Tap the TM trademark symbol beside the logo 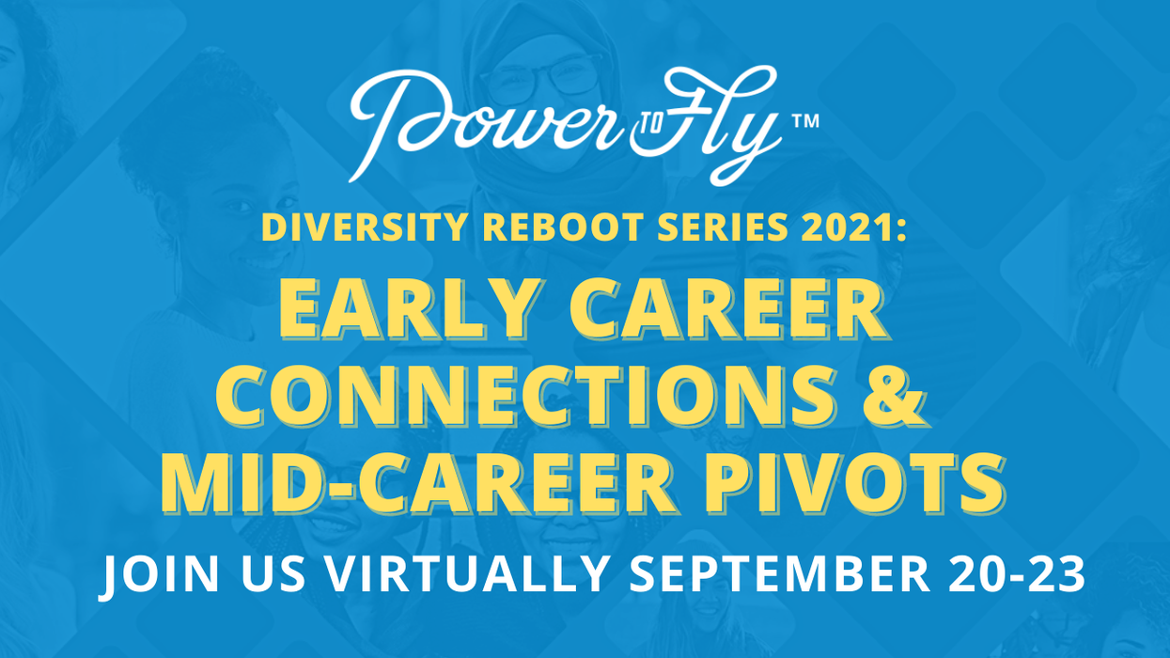tap(806, 121)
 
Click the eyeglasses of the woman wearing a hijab tap(548, 73)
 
